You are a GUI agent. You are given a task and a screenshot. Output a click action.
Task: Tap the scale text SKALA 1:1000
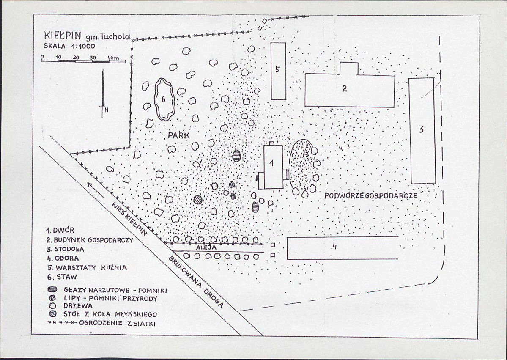pos(69,46)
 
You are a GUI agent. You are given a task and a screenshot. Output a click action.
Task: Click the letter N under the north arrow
pos(107,110)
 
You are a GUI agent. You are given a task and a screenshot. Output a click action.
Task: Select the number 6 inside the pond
pos(163,99)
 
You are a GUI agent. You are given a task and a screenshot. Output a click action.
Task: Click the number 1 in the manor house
pos(271,163)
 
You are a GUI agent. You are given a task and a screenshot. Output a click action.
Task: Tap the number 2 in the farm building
pos(345,88)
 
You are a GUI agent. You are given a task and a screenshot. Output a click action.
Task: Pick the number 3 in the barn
pos(421,129)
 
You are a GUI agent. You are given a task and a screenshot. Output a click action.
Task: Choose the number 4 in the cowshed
pos(334,247)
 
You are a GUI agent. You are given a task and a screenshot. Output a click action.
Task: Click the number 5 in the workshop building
pos(277,69)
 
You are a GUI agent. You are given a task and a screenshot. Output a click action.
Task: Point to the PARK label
pos(179,135)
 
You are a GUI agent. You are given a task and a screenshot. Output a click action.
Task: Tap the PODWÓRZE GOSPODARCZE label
pos(370,196)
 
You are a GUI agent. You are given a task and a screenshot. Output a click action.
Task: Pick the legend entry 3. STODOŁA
pos(65,249)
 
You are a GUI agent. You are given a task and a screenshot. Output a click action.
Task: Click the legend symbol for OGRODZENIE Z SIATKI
pos(61,322)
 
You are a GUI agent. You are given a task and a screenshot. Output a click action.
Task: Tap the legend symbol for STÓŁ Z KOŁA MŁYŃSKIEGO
pos(53,314)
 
